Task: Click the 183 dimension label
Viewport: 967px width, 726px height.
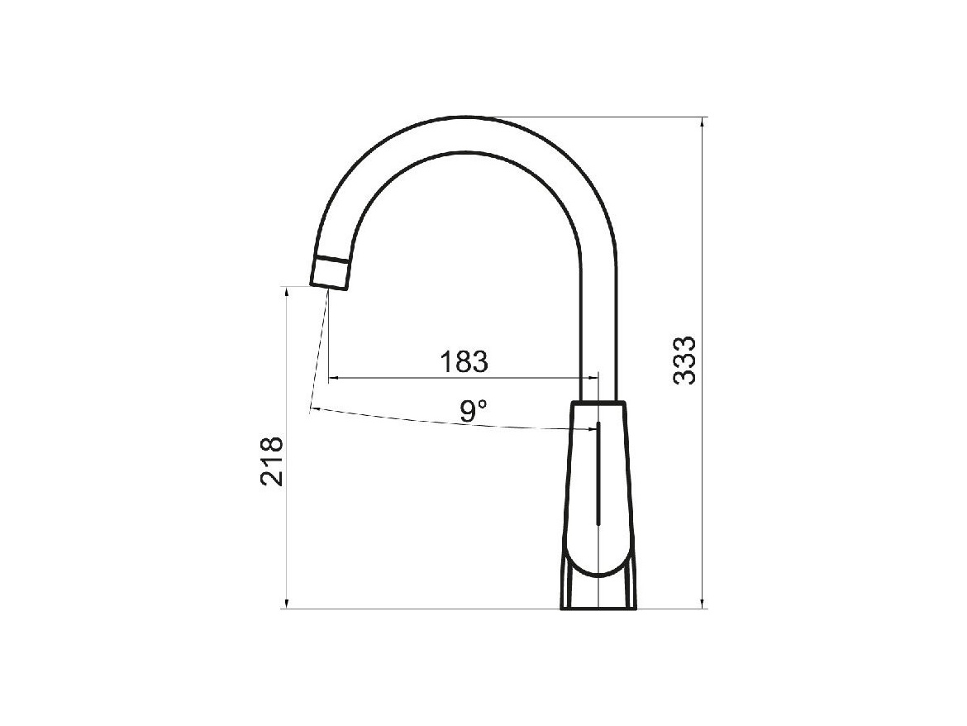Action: (x=464, y=362)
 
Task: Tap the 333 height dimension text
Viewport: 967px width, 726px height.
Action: (x=684, y=361)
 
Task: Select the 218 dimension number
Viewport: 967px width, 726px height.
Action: (x=272, y=461)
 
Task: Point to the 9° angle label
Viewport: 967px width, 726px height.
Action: (x=474, y=411)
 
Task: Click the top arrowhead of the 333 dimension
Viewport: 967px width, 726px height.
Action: (x=702, y=122)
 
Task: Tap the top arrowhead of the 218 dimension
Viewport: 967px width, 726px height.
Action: (x=286, y=293)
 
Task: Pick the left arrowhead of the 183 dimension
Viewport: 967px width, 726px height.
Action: (x=334, y=377)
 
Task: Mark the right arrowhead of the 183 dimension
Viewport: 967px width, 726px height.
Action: (x=592, y=377)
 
